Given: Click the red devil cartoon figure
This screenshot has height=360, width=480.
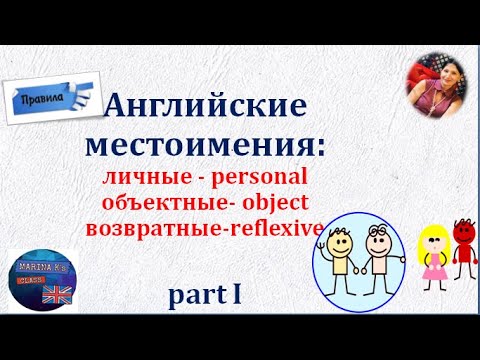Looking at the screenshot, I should click(463, 244).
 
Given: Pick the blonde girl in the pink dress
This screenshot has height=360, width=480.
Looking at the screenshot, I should click(434, 250).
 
